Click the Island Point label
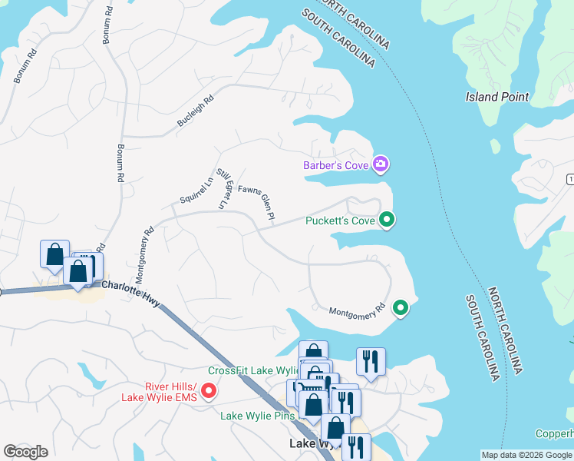(x=497, y=97)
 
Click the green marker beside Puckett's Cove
(x=388, y=221)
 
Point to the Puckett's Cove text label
(x=340, y=221)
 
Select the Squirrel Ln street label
(x=196, y=189)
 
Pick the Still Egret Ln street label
(x=223, y=188)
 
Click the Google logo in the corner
(x=25, y=451)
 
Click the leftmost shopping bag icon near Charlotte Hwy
(x=54, y=254)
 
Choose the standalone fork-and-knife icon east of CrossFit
(x=371, y=361)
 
